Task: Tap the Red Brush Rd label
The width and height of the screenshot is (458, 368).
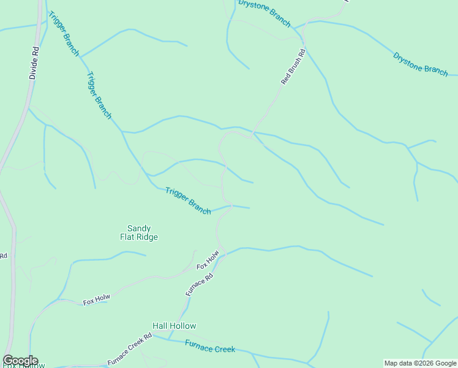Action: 293,67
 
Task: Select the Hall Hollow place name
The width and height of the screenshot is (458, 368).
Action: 174,326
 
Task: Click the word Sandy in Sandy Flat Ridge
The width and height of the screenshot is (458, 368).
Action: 138,228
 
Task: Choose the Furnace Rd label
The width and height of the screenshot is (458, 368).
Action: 200,285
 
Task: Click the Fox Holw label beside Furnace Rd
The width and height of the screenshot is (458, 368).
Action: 208,261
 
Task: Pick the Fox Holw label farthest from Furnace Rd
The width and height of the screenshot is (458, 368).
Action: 96,300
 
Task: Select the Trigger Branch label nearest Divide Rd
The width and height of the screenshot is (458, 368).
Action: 64,34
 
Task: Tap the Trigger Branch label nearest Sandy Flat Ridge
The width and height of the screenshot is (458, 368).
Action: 188,201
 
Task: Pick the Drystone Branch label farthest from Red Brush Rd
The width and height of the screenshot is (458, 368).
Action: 421,64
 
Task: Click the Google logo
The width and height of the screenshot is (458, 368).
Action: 20,361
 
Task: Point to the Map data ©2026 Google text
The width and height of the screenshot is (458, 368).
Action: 421,363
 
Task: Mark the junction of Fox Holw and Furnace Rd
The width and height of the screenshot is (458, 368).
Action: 221,255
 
